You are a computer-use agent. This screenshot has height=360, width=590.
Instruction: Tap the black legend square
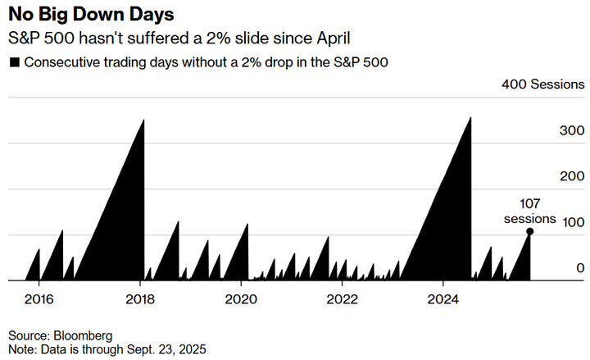[x=14, y=62]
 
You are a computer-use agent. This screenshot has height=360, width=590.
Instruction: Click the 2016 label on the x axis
[x=39, y=298]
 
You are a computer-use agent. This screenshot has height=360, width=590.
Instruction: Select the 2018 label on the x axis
[x=141, y=298]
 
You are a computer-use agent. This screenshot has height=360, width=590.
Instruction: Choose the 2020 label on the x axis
[x=242, y=298]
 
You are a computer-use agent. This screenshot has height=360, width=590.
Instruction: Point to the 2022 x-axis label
[x=343, y=298]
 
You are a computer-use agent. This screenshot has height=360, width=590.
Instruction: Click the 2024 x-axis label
[x=443, y=298]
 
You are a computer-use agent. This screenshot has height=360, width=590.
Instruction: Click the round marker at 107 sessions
[x=530, y=232]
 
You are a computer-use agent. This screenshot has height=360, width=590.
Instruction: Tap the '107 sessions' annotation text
[x=529, y=212]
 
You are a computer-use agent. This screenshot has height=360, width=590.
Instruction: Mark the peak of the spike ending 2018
[x=144, y=121]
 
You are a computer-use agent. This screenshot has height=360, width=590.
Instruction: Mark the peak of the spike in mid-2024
[x=470, y=118]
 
